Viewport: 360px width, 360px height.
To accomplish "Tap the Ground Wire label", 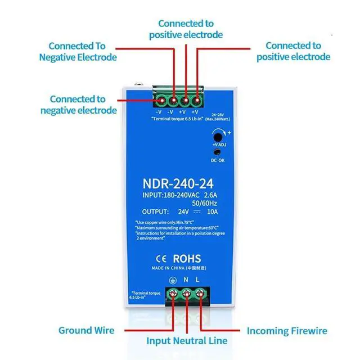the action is pos(86,330).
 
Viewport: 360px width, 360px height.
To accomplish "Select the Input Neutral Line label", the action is pos(187,340).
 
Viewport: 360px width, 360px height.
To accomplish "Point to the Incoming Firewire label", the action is pos(287,330).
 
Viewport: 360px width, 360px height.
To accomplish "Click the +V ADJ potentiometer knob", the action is pos(217,136).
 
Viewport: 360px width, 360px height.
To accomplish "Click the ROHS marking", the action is pos(186,259).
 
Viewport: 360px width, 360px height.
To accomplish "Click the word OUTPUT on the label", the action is pos(152,212).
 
